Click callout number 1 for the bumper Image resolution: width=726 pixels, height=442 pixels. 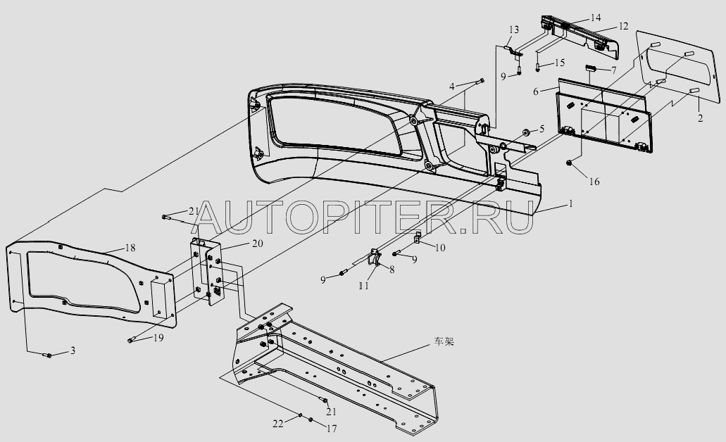click(x=571, y=204)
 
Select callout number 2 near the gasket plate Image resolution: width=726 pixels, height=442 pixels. click(x=699, y=119)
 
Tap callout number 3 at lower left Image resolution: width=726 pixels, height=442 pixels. click(x=73, y=350)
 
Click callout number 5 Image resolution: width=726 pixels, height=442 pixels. click(x=542, y=129)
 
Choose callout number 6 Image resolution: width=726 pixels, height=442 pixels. click(x=536, y=91)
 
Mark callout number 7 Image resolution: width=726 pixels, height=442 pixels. click(x=613, y=70)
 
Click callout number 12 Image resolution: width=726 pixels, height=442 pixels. click(x=623, y=26)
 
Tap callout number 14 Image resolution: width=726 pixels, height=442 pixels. click(x=596, y=16)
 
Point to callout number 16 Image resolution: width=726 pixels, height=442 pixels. click(x=594, y=182)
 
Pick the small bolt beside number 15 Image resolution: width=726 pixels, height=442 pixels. click(x=538, y=68)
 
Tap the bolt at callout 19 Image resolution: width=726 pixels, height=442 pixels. click(x=131, y=341)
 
